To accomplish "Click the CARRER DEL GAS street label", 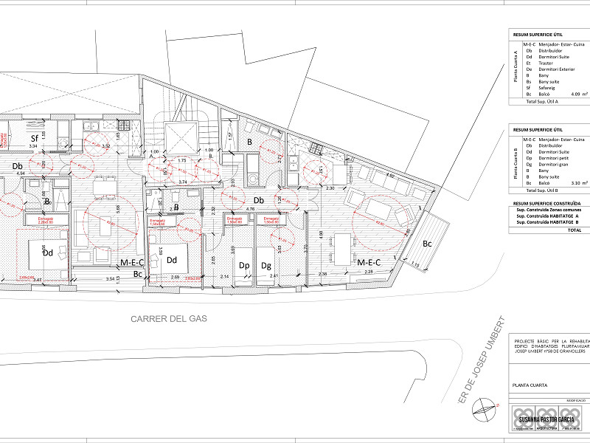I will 169,319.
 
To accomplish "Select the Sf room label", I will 34,138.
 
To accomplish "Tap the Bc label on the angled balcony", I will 427,244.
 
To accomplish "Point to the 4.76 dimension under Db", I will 251,209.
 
